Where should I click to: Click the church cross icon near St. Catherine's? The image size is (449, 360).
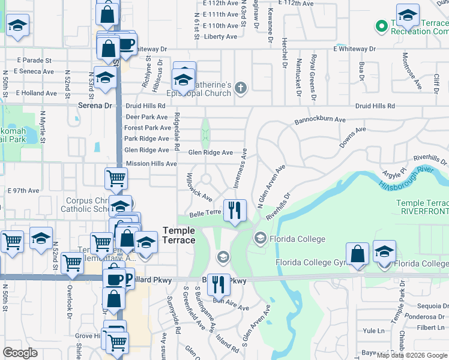tap(241, 89)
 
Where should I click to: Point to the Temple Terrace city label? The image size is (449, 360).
tap(179, 235)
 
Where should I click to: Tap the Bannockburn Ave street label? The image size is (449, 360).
tap(320, 120)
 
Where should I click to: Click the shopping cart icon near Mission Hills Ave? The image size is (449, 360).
tap(116, 178)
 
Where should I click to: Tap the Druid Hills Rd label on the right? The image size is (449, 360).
tap(375, 106)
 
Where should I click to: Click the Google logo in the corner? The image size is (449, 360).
tap(20, 353)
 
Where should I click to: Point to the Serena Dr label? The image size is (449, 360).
tap(95, 106)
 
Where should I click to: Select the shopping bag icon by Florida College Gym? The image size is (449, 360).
tap(358, 253)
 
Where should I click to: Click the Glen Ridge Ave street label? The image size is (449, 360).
tap(210, 152)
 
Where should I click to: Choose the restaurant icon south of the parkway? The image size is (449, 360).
tap(218, 284)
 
